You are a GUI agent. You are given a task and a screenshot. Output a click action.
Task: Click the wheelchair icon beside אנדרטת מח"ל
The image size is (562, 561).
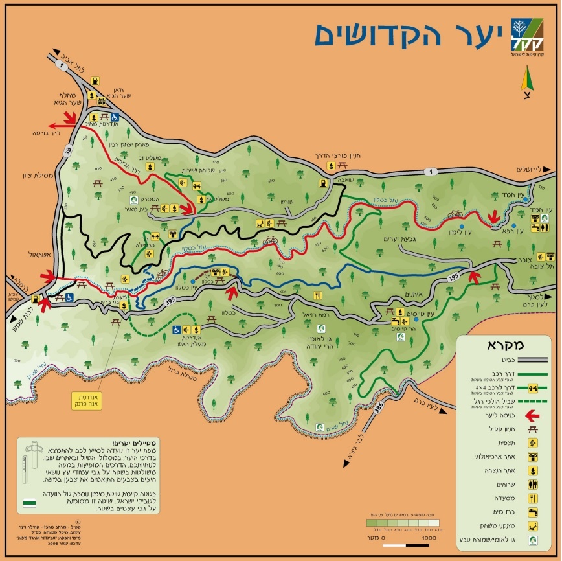point(114,117)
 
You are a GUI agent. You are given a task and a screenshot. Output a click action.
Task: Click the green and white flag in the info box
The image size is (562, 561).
point(30,502)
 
